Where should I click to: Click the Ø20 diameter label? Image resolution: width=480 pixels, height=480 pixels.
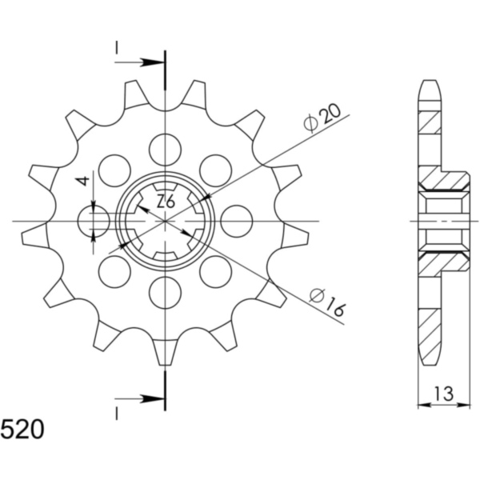tap(322, 118)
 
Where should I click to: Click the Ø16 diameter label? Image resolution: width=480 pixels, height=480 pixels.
tap(327, 302)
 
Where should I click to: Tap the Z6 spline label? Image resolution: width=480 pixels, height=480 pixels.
tap(166, 202)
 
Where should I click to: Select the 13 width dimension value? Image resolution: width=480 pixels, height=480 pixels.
tap(444, 394)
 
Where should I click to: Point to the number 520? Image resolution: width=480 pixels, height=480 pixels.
tap(22, 430)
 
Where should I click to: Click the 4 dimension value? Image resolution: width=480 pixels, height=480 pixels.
tap(83, 181)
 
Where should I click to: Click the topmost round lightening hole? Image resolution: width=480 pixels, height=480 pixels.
tap(166, 150)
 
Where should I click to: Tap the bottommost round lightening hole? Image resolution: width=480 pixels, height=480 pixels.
tap(166, 292)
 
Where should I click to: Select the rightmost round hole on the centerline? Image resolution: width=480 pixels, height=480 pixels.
tap(236, 221)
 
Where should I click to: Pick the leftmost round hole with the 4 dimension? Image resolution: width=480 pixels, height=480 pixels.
tap(94, 221)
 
